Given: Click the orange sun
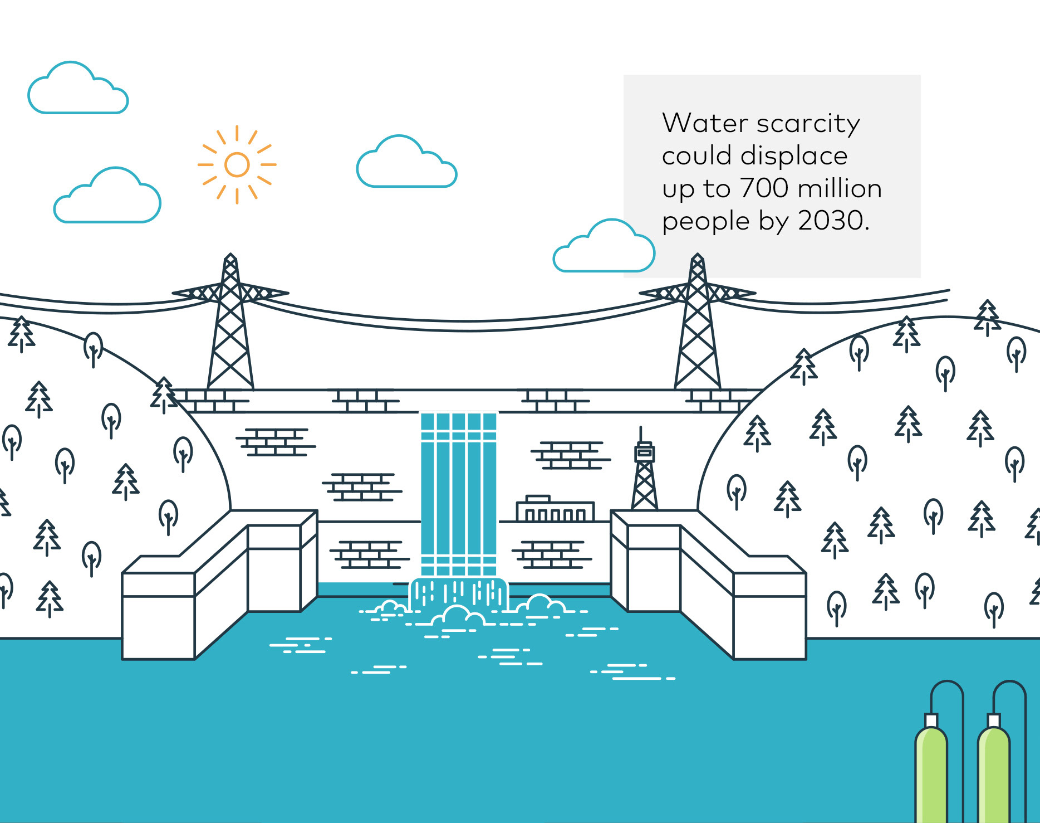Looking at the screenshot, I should (237, 165).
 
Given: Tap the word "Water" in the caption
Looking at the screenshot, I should (705, 123).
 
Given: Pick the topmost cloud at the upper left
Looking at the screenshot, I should (78, 91).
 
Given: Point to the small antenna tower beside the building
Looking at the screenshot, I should (644, 474).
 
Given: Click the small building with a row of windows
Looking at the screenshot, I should (555, 509).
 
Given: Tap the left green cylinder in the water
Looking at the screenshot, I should (931, 772).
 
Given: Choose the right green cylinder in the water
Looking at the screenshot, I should (994, 772).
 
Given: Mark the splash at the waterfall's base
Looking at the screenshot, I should (458, 599).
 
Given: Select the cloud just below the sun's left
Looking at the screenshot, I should (107, 198).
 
